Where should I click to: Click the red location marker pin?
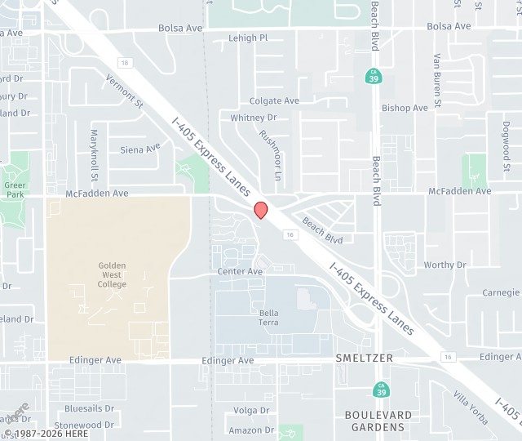point(261,210)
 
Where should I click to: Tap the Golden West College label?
point(113,274)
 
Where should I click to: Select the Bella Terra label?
point(269,318)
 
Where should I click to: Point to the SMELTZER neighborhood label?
point(364,359)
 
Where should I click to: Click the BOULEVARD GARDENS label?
point(378,421)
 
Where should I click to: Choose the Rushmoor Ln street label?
point(270,155)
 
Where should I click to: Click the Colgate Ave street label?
point(274,101)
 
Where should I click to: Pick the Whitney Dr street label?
point(254,118)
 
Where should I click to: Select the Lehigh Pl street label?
point(248,38)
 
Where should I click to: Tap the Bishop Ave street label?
point(405,108)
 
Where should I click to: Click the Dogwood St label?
point(507,140)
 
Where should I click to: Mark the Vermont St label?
point(124,91)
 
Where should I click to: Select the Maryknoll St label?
point(94,154)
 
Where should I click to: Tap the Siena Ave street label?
point(140,149)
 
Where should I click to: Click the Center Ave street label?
point(240,271)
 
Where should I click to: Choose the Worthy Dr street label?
point(445,265)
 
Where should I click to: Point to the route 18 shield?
point(123,62)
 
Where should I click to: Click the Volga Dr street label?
point(251,411)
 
